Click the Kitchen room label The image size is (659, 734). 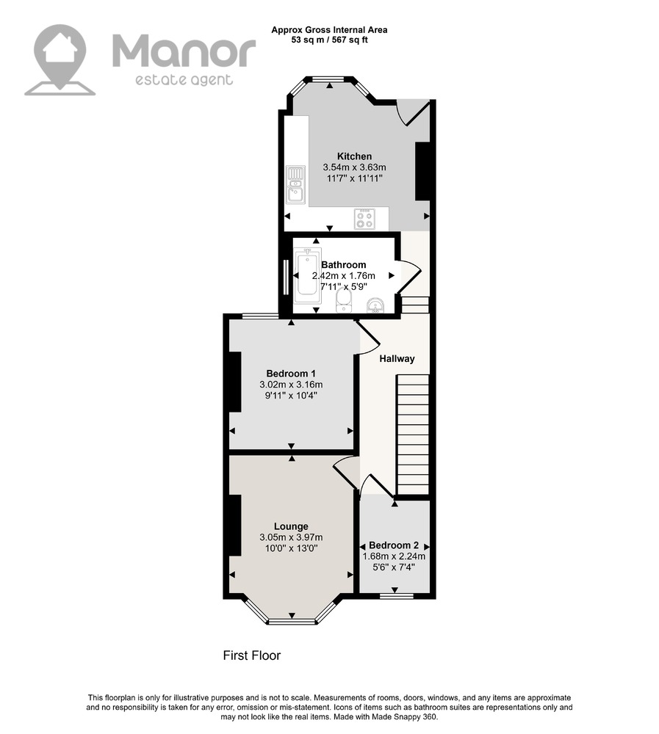pos(354,156)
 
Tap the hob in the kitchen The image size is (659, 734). pos(364,219)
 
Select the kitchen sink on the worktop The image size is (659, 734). pos(295,185)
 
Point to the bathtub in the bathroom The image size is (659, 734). pos(307,273)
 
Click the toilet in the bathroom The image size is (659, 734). pos(344,300)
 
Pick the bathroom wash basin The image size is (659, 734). pos(376,305)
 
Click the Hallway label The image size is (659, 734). pos(397,359)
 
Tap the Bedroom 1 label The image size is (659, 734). pos(291,374)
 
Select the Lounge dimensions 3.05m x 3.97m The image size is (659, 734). pos(291,537)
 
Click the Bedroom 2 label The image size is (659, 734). pos(394,545)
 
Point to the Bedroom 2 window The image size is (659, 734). pos(397,596)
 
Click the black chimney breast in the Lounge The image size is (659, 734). pos(234,526)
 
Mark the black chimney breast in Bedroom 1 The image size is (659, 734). pos(234,382)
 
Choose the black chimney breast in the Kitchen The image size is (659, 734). pos(422,171)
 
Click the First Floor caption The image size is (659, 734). pos(252,655)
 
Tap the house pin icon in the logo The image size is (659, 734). pos(60,60)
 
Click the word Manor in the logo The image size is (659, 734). pos(184,52)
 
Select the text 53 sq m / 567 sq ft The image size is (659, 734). pos(329,40)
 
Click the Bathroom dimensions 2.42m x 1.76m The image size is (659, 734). pos(344,276)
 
